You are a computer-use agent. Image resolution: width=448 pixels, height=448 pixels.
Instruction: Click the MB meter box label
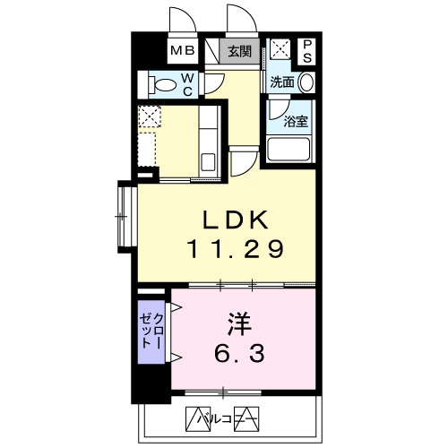click(x=183, y=50)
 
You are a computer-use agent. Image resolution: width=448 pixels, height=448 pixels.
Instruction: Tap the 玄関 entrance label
click(x=239, y=51)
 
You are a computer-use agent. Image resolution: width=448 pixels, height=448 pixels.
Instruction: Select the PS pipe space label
click(x=307, y=51)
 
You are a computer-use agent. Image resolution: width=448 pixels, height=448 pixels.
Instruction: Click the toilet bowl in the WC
click(x=162, y=85)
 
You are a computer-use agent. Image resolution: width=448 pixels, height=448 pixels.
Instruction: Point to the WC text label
click(x=187, y=85)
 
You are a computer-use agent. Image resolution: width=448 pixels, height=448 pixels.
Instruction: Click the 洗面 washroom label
click(x=282, y=82)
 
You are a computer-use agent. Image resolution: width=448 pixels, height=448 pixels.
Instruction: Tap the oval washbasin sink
click(x=306, y=82)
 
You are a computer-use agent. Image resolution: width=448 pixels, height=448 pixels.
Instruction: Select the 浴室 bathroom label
click(x=296, y=121)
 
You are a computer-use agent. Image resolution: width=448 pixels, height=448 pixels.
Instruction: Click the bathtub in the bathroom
click(x=289, y=149)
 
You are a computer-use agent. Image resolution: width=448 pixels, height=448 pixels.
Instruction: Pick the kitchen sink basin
click(x=208, y=161)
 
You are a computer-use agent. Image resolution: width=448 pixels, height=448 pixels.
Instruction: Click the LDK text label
click(x=236, y=220)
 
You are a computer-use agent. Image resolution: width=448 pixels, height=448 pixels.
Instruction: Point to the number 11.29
click(x=235, y=249)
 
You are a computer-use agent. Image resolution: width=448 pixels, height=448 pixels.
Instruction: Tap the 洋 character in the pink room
click(x=239, y=323)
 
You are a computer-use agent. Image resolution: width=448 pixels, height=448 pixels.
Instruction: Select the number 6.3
click(x=239, y=353)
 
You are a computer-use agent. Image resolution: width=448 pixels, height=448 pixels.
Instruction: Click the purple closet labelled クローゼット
click(x=151, y=332)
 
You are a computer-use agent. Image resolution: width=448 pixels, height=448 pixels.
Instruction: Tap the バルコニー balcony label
click(x=221, y=419)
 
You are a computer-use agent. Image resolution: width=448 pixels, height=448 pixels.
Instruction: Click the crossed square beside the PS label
click(x=280, y=47)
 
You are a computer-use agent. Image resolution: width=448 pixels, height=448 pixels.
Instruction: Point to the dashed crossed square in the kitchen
click(x=150, y=116)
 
